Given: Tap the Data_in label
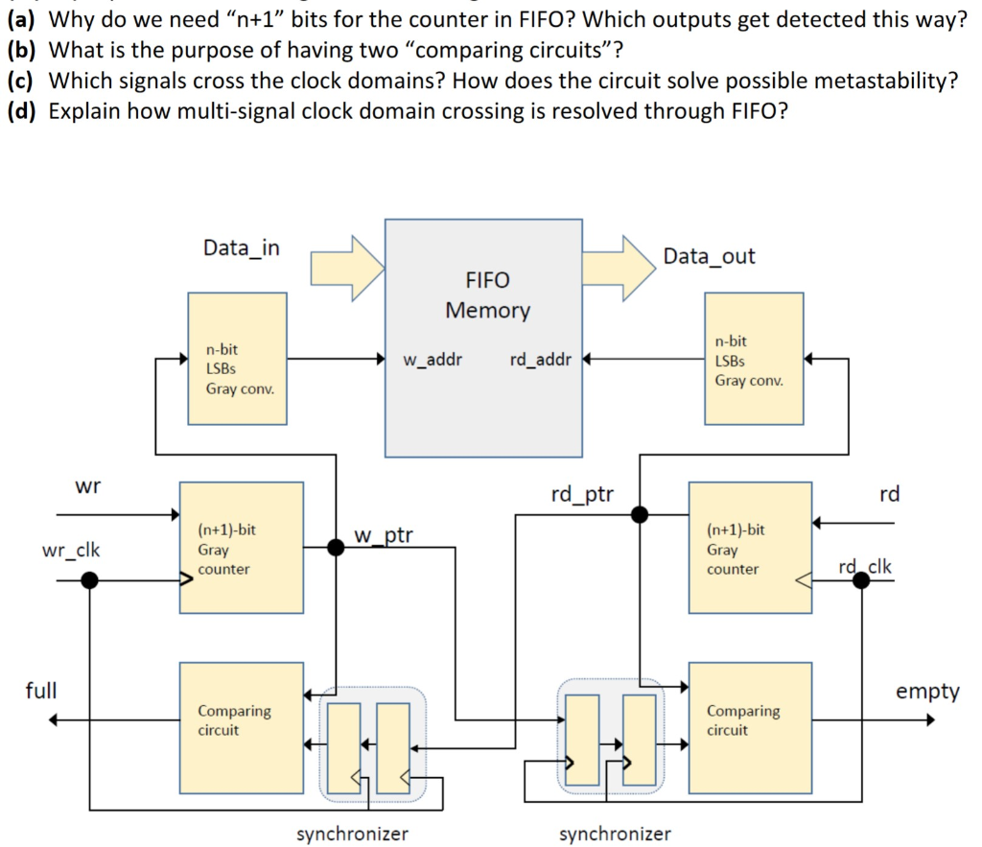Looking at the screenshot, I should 242,248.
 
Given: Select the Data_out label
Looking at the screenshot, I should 709,256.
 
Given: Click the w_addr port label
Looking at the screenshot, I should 433,361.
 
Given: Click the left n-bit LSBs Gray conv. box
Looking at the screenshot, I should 237,359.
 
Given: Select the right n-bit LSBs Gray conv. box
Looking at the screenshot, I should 754,359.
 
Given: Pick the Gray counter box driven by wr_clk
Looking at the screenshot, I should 242,548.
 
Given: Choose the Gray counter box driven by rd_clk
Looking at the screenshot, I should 750,548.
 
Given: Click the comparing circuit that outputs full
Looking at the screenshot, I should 242,720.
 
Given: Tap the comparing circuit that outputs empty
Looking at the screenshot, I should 750,720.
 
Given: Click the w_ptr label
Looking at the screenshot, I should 384,535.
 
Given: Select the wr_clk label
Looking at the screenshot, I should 71,551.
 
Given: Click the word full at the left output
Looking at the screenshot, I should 41,690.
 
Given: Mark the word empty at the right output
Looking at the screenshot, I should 927,692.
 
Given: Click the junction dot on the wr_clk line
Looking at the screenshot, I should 89,579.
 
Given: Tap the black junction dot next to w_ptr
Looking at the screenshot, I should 336,548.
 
